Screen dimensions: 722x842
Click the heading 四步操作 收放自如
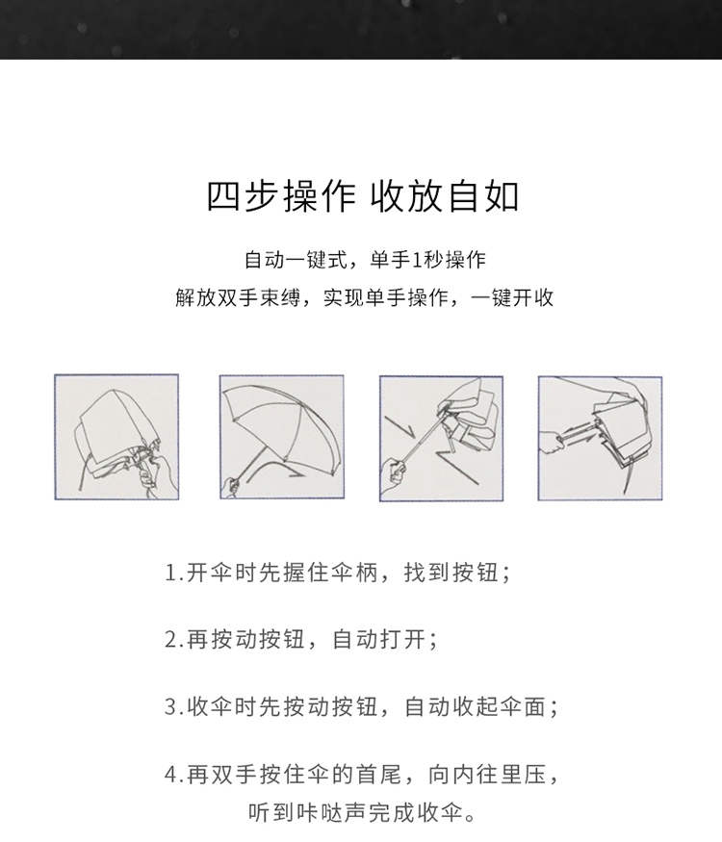363,196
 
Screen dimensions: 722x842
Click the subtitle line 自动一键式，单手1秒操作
365,261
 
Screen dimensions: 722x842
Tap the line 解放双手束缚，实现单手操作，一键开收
364,297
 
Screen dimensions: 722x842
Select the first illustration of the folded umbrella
116,437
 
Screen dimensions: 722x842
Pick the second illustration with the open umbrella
281,437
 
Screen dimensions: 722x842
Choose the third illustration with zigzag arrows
441,439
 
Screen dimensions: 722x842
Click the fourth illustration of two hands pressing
600,439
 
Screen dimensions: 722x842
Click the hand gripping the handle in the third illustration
395,471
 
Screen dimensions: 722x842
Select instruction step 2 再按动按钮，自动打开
301,640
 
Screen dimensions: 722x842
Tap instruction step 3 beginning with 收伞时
362,706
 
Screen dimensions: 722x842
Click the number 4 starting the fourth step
171,775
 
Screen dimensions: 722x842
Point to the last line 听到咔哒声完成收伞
362,812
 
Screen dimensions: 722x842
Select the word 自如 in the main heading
483,196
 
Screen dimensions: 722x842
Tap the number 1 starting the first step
170,574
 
